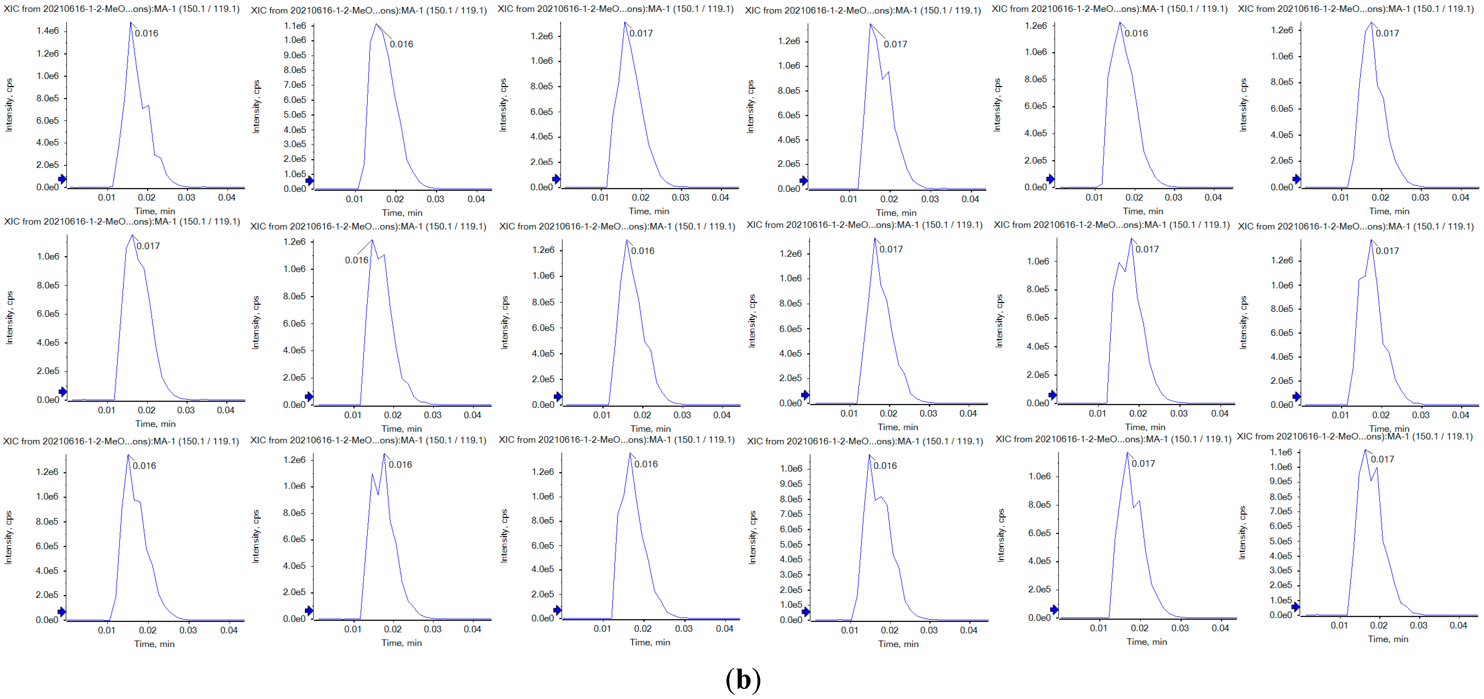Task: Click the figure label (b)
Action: coord(743,679)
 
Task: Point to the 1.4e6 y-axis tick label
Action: coord(47,31)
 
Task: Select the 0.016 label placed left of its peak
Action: coord(356,260)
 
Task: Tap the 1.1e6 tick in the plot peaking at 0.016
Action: coord(295,26)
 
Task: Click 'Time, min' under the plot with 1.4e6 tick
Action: coord(155,211)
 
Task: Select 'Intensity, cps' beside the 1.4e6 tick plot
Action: coord(9,105)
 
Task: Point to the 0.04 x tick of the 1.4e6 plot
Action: coord(226,197)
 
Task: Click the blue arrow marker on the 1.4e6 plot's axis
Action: coord(62,179)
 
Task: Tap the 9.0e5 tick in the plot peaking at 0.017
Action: coord(1281,481)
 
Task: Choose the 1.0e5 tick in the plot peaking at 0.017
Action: coord(1281,600)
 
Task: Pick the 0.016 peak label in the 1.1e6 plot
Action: coord(401,44)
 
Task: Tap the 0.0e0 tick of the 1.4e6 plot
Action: coord(47,187)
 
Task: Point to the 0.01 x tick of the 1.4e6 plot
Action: coord(107,197)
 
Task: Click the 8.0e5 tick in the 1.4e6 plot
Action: coord(47,98)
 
